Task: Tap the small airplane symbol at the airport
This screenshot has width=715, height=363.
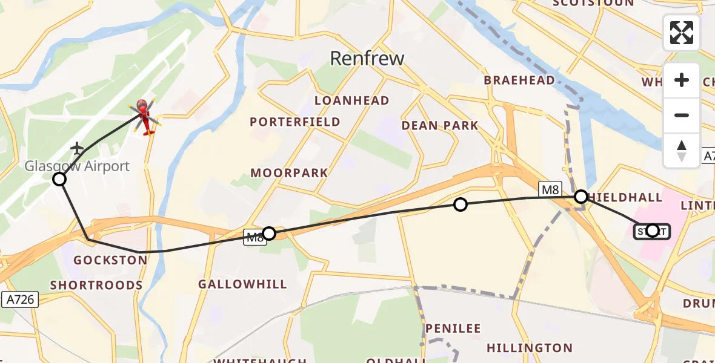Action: [x=77, y=148]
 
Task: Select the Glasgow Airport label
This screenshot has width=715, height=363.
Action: [x=77, y=166]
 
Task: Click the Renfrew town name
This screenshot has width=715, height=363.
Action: [x=367, y=58]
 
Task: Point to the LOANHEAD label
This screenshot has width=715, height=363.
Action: [x=351, y=100]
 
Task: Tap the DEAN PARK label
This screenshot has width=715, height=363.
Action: [x=440, y=126]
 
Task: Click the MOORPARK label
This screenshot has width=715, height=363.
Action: [x=289, y=173]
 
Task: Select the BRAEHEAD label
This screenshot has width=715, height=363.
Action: [x=519, y=80]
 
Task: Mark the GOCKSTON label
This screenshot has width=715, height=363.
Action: [x=110, y=260]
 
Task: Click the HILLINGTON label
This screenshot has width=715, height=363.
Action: [x=529, y=348]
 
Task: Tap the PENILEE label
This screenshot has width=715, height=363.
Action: [x=453, y=329]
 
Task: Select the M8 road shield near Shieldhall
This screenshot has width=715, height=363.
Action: [x=550, y=190]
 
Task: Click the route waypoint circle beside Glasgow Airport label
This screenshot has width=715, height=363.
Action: [x=59, y=179]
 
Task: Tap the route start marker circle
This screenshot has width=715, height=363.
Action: [x=652, y=231]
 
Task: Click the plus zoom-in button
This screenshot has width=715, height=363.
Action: [x=682, y=80]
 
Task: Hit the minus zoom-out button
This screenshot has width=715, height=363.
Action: [x=682, y=115]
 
